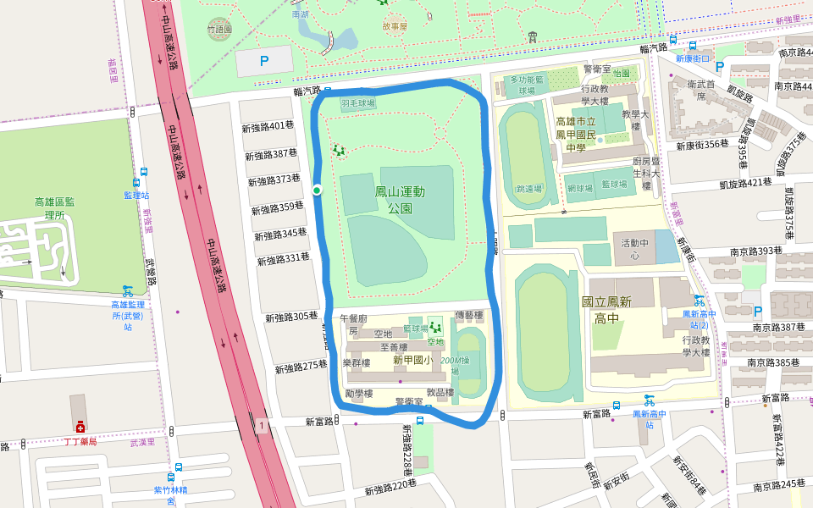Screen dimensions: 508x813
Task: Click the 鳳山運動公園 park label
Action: pyautogui.click(x=400, y=200)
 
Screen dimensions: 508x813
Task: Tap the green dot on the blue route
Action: pyautogui.click(x=317, y=190)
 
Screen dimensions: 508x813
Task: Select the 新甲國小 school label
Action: pyautogui.click(x=412, y=360)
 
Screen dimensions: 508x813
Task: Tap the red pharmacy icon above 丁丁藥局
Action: pyautogui.click(x=80, y=428)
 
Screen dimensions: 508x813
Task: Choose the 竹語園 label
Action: pyautogui.click(x=218, y=29)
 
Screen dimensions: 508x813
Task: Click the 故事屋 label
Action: pyautogui.click(x=395, y=26)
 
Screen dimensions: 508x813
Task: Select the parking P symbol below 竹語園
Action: pyautogui.click(x=263, y=61)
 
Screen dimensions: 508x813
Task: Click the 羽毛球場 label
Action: pyautogui.click(x=358, y=103)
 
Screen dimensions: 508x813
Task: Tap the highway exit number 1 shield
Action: pyautogui.click(x=263, y=425)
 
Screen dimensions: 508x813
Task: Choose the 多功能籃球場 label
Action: pyautogui.click(x=525, y=85)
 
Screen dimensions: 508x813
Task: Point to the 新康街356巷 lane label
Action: pyautogui.click(x=702, y=144)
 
